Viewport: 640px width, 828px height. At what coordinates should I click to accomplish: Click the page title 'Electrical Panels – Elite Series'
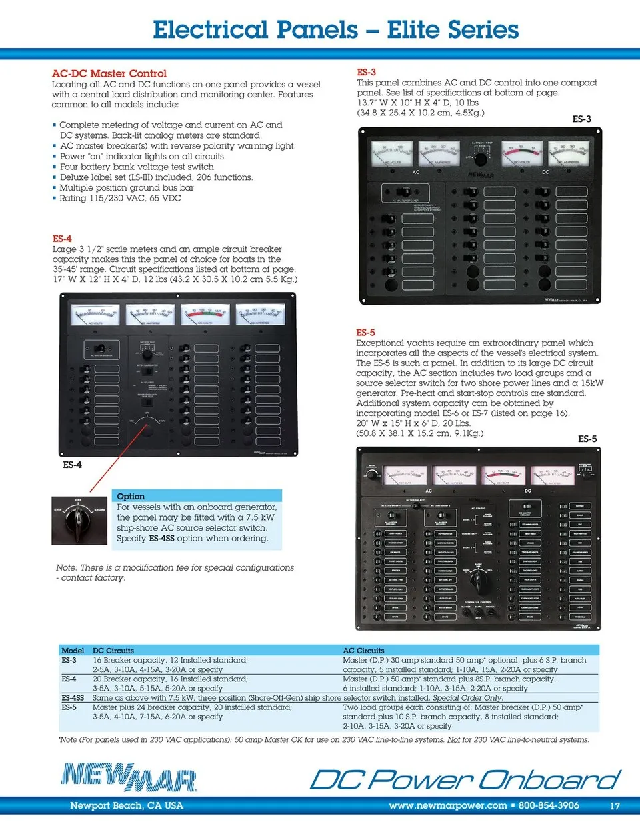(335, 30)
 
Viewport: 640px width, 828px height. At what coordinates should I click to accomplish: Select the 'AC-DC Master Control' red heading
(109, 73)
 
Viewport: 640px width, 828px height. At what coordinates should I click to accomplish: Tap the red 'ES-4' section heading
(62, 239)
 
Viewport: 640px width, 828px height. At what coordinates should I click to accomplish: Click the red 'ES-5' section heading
(365, 332)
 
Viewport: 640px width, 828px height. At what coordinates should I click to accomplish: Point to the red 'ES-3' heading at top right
(366, 72)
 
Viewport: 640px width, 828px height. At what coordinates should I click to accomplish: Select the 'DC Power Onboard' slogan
(465, 779)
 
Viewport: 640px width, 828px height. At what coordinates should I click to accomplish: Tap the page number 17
(614, 805)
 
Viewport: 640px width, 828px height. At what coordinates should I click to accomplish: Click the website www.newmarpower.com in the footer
(447, 805)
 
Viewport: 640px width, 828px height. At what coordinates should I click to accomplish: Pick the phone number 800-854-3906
(549, 805)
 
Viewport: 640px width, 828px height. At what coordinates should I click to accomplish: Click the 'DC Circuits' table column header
(113, 651)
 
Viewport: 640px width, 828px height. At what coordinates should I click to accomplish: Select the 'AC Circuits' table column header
(363, 651)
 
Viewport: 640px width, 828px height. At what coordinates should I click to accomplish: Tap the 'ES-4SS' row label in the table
(73, 698)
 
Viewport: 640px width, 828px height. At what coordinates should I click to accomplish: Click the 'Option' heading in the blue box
(131, 496)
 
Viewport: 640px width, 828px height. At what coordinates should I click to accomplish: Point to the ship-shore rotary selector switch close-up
(79, 520)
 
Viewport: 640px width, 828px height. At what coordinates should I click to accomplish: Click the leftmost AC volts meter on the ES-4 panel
(95, 315)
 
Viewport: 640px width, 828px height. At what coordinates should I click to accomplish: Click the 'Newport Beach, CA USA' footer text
(126, 805)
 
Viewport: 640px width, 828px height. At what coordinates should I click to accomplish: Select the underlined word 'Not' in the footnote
(453, 739)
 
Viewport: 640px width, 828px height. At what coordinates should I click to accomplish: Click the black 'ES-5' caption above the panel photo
(587, 439)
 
